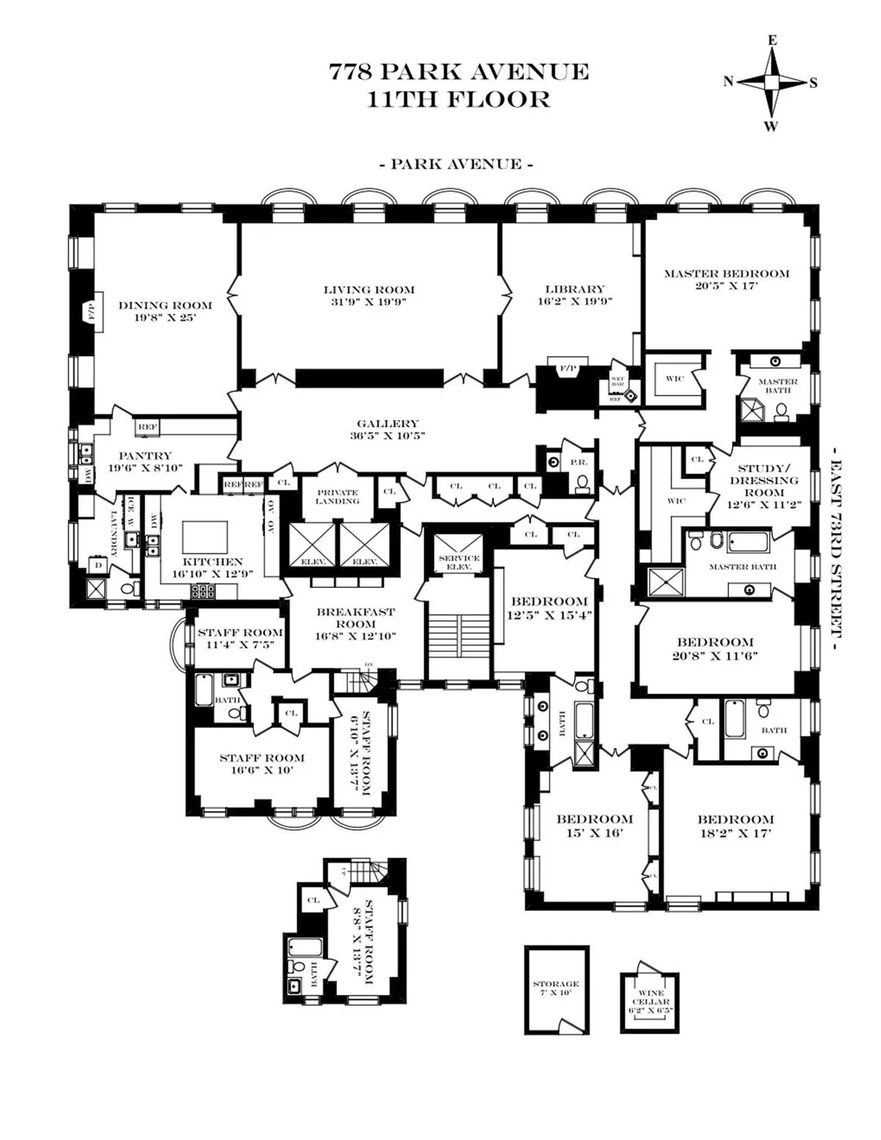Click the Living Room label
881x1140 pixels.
369,289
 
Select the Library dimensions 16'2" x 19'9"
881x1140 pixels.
574,301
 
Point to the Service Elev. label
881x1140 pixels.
459,562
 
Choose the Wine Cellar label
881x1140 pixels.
650,998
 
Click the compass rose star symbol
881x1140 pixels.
771,82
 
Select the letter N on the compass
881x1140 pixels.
728,82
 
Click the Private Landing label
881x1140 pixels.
337,496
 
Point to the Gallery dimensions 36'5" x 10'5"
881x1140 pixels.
388,435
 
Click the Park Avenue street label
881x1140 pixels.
456,164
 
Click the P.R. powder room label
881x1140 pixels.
575,462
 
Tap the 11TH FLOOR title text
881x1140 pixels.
458,100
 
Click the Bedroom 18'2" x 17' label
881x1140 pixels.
735,819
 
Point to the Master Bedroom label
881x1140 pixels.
727,274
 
